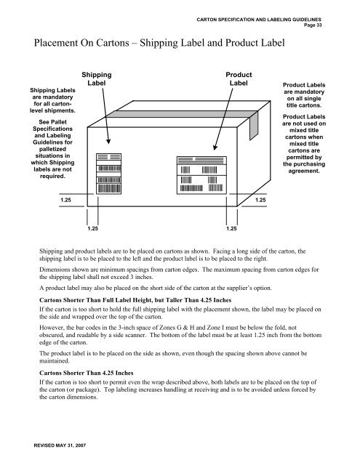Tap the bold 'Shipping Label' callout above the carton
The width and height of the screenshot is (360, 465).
click(96, 79)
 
